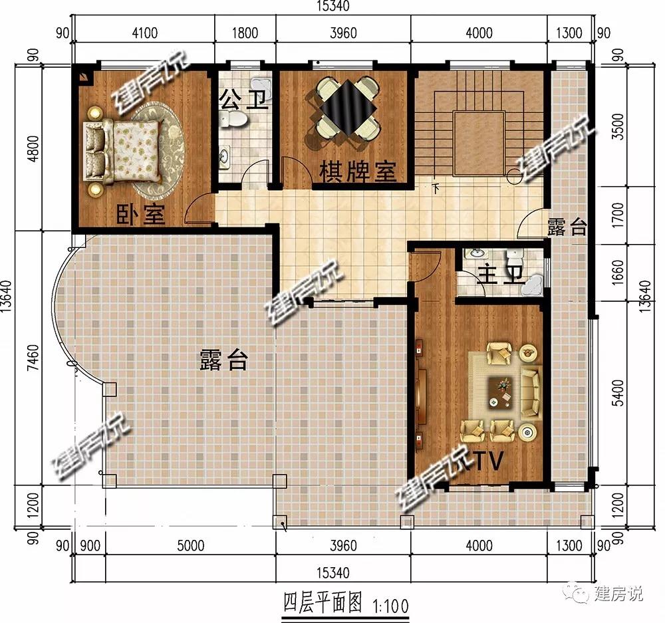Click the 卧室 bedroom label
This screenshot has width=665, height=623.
tap(141, 214)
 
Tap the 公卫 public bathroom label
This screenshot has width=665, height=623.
tap(243, 100)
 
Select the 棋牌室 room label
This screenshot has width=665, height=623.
tap(358, 172)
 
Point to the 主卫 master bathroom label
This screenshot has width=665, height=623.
tap(501, 275)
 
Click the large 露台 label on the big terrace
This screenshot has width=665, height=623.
tap(223, 360)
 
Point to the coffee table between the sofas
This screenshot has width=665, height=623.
tap(500, 391)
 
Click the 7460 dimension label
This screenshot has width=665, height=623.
tap(33, 357)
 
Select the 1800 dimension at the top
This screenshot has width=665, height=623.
tap(245, 33)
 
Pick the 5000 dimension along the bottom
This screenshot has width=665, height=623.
tap(190, 545)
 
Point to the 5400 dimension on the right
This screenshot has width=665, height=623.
tap(618, 393)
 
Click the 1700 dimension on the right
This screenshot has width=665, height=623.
tap(618, 215)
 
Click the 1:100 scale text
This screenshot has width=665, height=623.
tap(390, 606)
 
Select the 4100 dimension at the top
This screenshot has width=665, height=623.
tap(144, 33)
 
